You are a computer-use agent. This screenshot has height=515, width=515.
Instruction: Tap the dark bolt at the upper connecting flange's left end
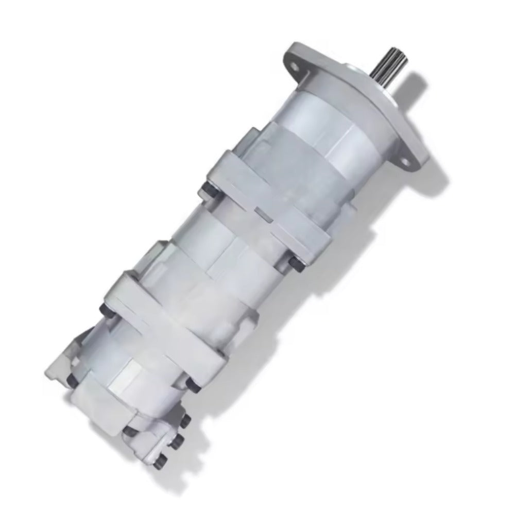(207, 191)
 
